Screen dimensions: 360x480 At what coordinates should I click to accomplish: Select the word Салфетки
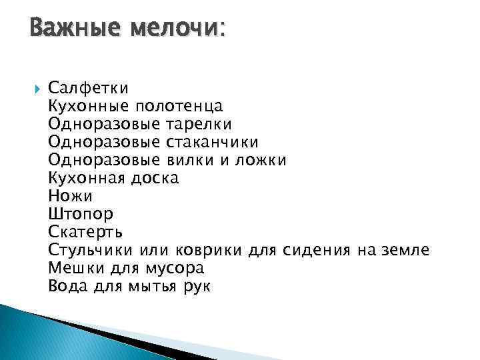[89, 87]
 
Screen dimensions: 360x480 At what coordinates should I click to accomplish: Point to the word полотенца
[179, 105]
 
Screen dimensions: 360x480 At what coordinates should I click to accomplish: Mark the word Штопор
[81, 214]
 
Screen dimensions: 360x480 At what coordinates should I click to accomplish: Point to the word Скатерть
[85, 232]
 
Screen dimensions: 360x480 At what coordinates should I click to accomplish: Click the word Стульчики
[91, 250]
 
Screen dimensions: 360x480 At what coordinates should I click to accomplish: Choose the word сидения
[317, 250]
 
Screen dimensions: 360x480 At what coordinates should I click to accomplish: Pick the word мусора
[173, 268]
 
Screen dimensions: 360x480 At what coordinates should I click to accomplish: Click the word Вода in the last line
[67, 287]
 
